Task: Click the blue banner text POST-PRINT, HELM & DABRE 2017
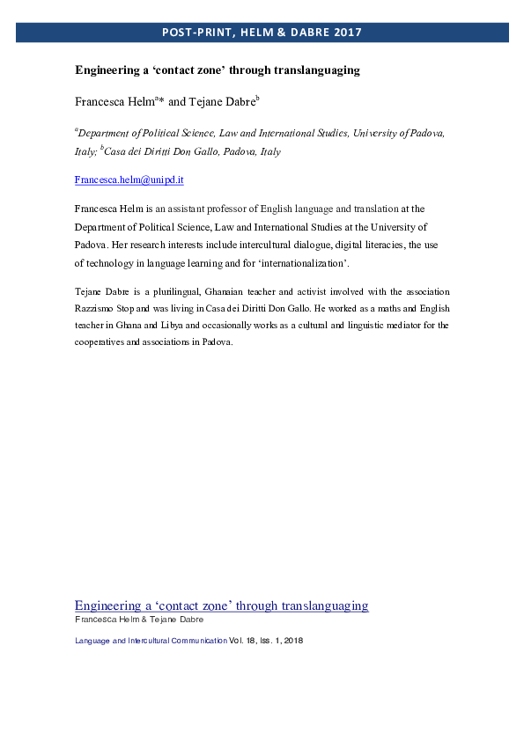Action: (262, 33)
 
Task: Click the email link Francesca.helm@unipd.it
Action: (129, 180)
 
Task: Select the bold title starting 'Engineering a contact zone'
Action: (217, 70)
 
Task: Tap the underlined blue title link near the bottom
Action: (221, 605)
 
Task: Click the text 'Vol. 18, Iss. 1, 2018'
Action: (266, 641)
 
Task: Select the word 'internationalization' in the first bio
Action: (321, 263)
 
